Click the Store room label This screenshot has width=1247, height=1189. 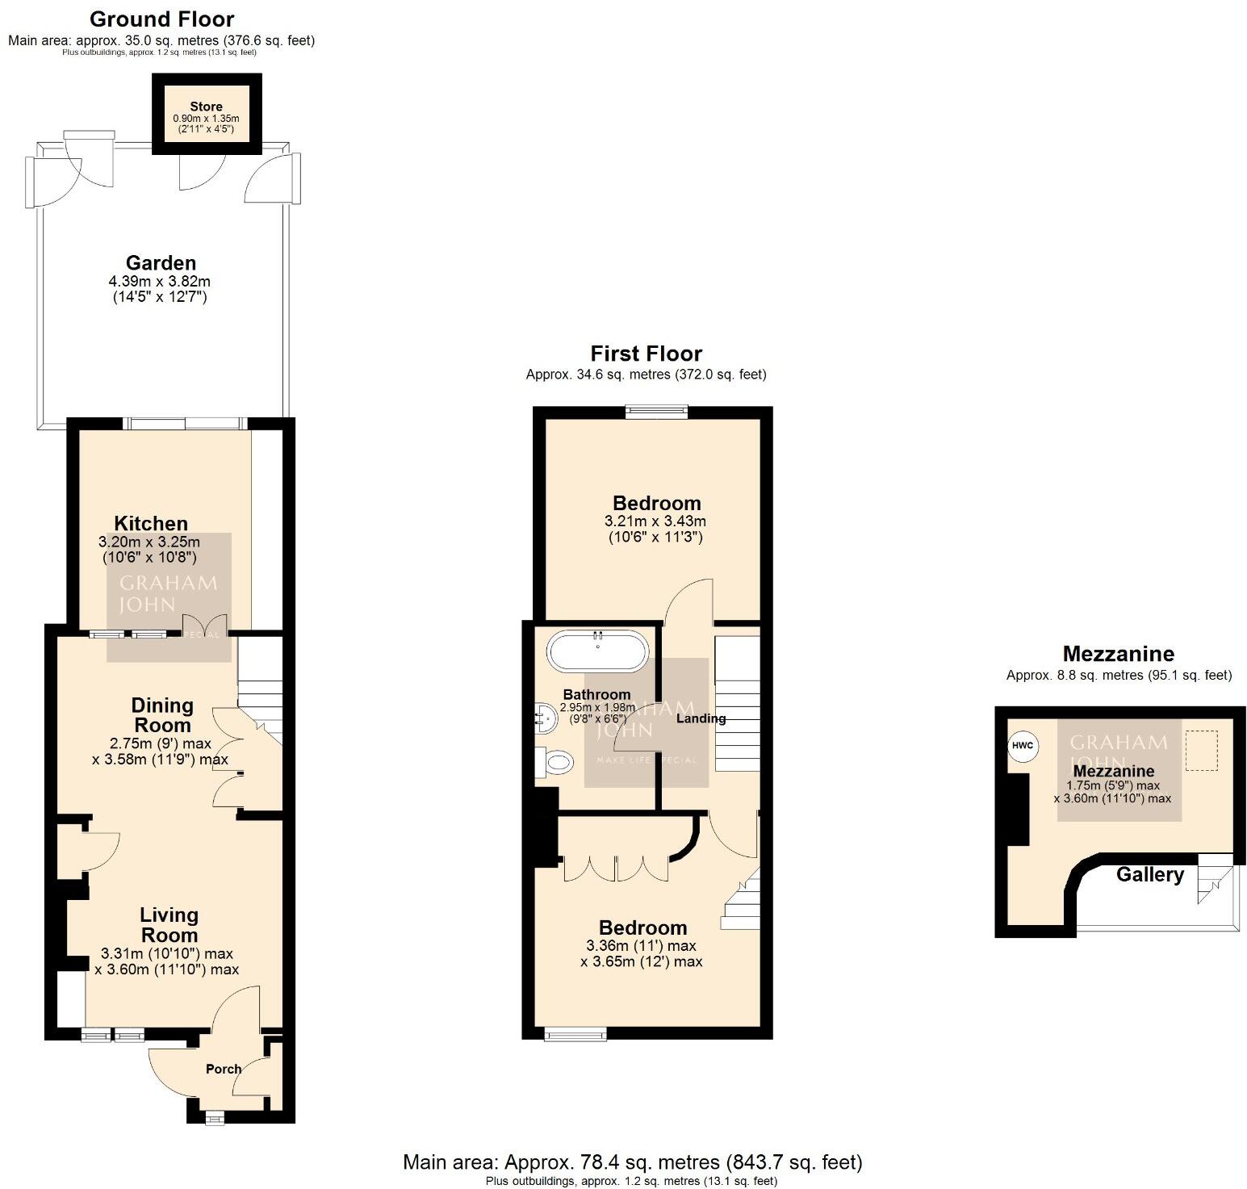(206, 107)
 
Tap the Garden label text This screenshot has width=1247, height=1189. (161, 263)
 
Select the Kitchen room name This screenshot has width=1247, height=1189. (151, 524)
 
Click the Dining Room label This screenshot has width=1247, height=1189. (162, 715)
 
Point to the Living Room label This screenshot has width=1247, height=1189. (169, 925)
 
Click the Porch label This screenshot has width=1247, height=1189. (224, 1069)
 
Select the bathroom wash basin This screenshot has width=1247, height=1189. (546, 716)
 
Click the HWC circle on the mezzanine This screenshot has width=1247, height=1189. (1023, 745)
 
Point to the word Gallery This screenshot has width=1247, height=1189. (1149, 875)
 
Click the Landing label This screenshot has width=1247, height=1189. (701, 718)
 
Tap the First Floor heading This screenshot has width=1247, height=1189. (646, 354)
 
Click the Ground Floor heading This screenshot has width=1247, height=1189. (161, 19)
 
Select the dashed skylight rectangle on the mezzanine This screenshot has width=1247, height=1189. (1200, 751)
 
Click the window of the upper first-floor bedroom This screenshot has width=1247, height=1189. (657, 412)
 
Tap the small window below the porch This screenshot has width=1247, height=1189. (214, 1118)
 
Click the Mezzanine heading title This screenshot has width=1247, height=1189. (1118, 654)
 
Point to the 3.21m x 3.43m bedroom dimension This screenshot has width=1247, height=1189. (655, 521)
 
